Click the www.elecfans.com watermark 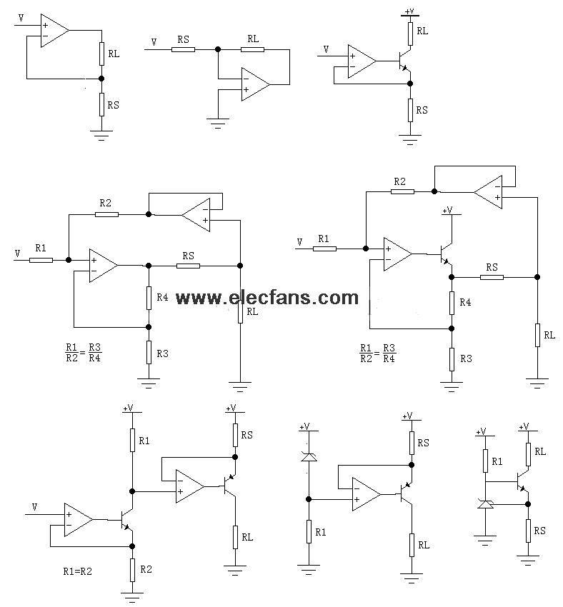pyautogui.click(x=267, y=298)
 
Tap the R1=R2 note pyautogui.click(x=77, y=571)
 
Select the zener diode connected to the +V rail pyautogui.click(x=309, y=457)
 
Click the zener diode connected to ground pyautogui.click(x=485, y=503)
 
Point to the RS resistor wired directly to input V pyautogui.click(x=183, y=49)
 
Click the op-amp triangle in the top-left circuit pyautogui.click(x=55, y=31)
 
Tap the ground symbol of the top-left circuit pyautogui.click(x=101, y=135)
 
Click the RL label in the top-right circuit pyautogui.click(x=422, y=31)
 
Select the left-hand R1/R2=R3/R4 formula pyautogui.click(x=84, y=353)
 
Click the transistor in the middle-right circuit pyautogui.click(x=446, y=254)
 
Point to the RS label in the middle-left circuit pyautogui.click(x=188, y=256)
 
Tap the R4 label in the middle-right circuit pyautogui.click(x=465, y=302)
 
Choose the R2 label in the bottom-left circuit pyautogui.click(x=146, y=569)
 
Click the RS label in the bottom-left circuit pyautogui.click(x=246, y=435)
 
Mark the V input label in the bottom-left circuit pyautogui.click(x=34, y=507)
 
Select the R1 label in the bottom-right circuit pyautogui.click(x=497, y=461)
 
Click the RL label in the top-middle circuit pyautogui.click(x=253, y=39)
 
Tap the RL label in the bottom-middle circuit pyautogui.click(x=424, y=545)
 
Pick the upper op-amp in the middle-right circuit pyautogui.click(x=488, y=192)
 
